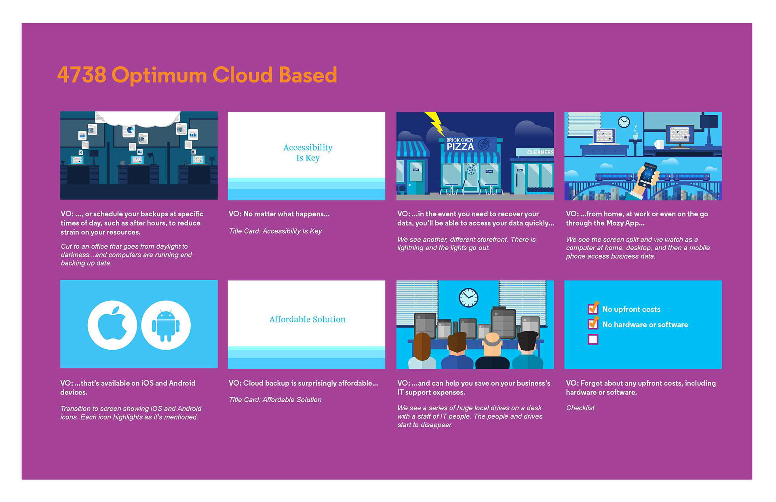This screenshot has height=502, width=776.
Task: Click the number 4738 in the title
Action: tap(82, 75)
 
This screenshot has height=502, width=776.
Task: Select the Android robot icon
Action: tap(166, 325)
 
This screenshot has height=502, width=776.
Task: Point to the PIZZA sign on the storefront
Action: tap(460, 147)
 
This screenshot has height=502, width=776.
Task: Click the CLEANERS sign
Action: tap(540, 152)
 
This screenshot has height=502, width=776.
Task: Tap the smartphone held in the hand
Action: tap(647, 174)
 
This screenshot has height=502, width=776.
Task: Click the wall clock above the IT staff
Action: tap(468, 298)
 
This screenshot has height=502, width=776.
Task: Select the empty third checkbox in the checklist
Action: tap(593, 340)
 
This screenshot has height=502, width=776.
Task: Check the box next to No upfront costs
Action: tap(593, 308)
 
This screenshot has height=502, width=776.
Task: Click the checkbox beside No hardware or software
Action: tap(593, 323)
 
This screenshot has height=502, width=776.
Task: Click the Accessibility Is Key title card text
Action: tap(308, 152)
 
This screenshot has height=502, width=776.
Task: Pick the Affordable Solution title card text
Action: tap(308, 319)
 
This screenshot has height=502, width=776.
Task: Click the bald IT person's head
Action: tap(492, 342)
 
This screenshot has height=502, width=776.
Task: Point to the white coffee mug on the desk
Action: tap(659, 144)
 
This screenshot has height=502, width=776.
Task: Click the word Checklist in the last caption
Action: tap(580, 408)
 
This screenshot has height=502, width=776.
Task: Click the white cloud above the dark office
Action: tap(137, 118)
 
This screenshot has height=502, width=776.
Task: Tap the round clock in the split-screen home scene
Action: tap(624, 121)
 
